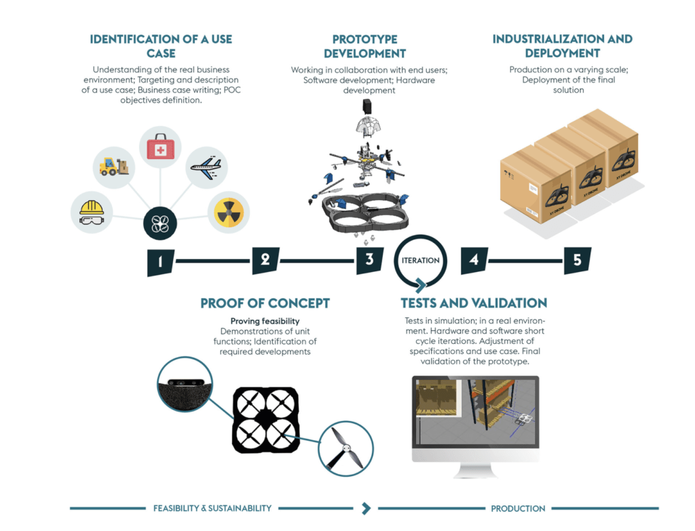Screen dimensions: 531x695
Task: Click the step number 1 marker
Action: point(161,262)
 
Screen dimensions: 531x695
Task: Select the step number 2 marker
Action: point(265,260)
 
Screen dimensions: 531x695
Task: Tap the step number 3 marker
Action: point(369,260)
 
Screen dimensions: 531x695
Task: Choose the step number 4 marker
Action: point(474,260)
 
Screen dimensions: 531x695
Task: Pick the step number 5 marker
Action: point(578,260)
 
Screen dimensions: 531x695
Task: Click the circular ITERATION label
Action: point(420,260)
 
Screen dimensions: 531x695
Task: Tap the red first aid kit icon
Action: point(161,146)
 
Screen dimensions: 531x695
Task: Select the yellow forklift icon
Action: point(113,167)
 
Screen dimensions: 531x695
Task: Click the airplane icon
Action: point(206,166)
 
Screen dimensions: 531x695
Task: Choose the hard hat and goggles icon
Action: point(92,212)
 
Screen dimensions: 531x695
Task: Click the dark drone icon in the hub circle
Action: point(161,224)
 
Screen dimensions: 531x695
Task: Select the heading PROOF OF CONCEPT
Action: point(265,303)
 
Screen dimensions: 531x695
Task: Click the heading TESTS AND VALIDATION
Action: point(474,303)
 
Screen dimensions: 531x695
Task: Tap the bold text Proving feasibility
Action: point(265,321)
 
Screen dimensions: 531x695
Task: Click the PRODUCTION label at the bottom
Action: point(519,508)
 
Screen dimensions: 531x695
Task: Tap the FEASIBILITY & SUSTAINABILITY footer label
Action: point(212,508)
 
